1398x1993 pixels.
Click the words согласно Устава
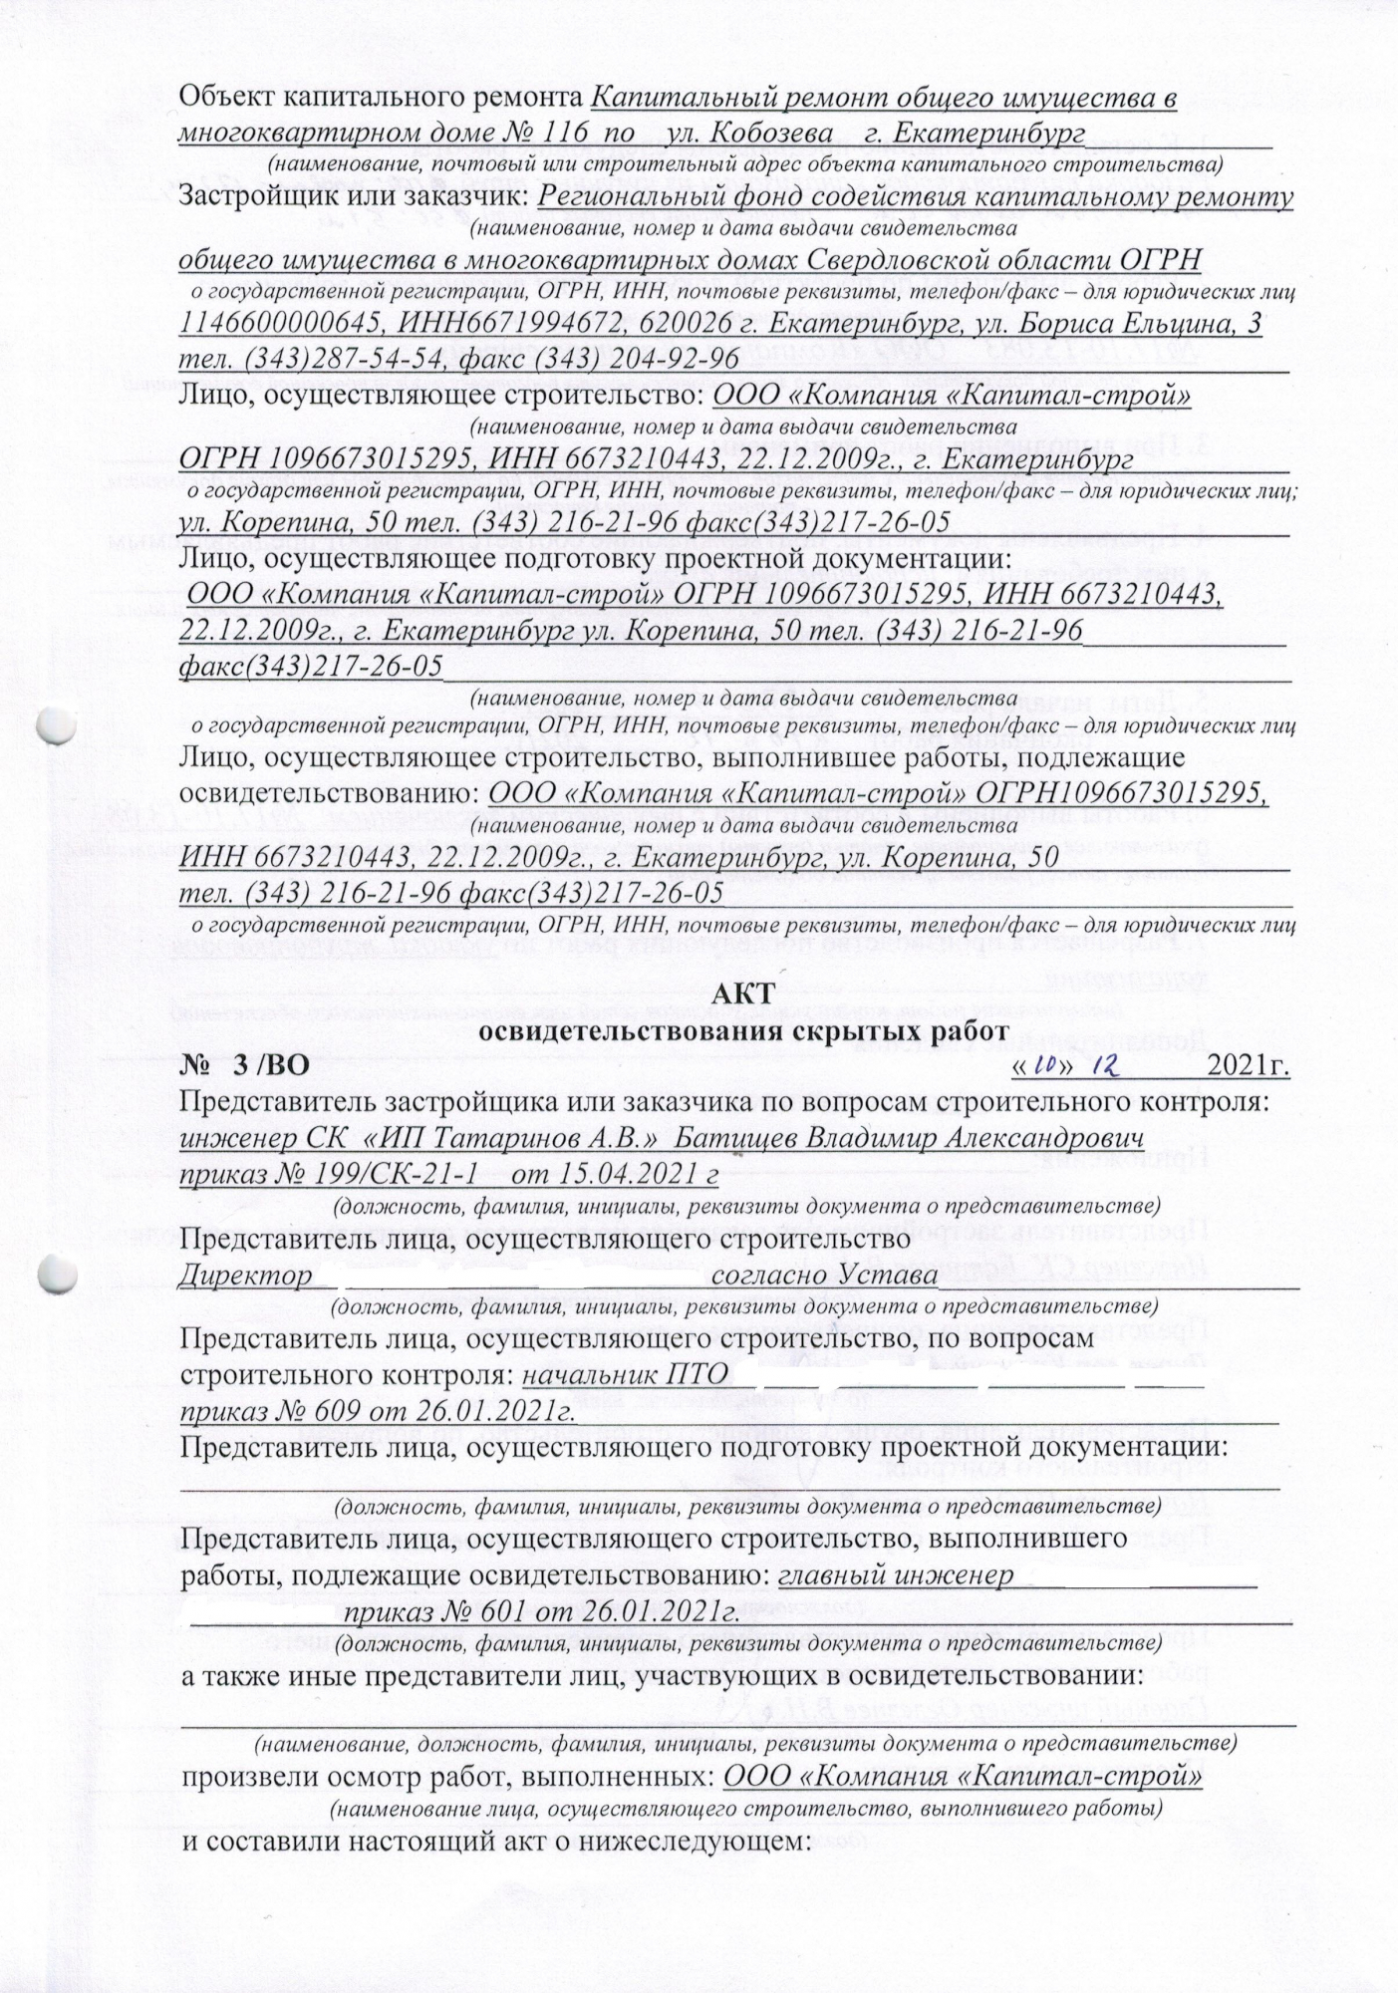pyautogui.click(x=826, y=1276)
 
